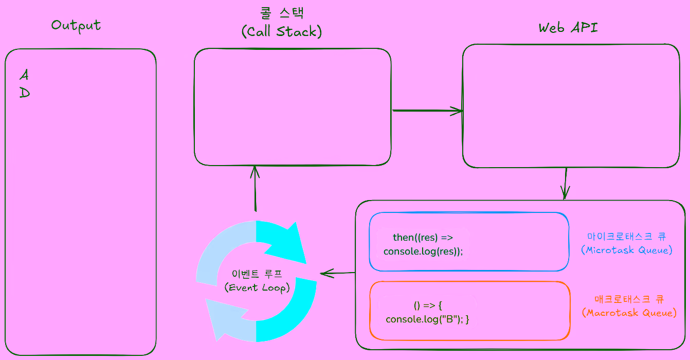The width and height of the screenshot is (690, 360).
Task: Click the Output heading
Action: pos(76,25)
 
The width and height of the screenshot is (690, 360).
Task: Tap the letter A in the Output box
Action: pos(24,75)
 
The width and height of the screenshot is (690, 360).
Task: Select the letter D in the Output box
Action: pos(24,93)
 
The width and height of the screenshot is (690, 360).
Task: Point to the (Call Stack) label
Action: pos(282,32)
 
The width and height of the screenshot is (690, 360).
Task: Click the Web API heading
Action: pos(568,28)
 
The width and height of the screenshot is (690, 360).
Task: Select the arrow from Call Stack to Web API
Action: pos(427,111)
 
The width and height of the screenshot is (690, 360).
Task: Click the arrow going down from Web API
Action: pos(565,184)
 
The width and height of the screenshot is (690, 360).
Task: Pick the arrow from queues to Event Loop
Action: pos(337,273)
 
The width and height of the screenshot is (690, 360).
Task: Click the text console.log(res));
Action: pos(423,251)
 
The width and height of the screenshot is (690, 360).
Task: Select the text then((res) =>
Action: pos(423,237)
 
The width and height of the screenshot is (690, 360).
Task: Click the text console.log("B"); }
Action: pos(428,319)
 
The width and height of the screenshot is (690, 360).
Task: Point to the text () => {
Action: pos(428,305)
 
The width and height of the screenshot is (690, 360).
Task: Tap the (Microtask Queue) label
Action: pos(627,250)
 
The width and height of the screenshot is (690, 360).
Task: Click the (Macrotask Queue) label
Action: pos(629,313)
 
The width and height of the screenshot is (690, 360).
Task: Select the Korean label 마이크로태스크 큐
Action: pos(627,237)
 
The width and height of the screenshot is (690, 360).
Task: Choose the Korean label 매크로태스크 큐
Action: pos(629,299)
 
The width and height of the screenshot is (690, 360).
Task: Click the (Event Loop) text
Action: pos(257,287)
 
